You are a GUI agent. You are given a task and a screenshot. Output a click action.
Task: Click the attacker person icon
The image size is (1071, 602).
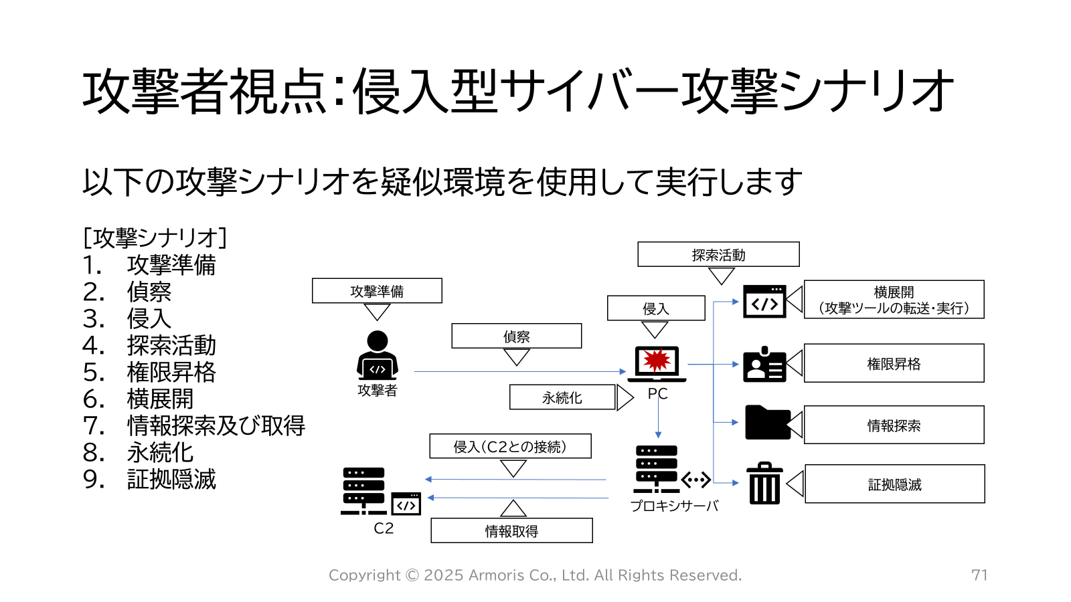378,355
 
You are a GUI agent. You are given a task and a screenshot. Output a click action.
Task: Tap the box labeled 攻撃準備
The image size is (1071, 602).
377,291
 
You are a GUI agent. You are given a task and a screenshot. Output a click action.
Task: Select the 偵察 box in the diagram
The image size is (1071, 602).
516,336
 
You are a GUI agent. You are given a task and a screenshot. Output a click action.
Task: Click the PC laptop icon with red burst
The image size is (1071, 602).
657,363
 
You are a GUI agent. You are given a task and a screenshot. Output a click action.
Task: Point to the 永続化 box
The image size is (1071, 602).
562,397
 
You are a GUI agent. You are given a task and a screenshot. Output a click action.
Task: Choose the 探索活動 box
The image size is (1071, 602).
718,255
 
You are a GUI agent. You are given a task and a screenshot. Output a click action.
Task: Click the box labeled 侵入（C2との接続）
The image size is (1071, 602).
510,446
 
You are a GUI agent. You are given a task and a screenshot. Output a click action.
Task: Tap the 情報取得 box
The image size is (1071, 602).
511,531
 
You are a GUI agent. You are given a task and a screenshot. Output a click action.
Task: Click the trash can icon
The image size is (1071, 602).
764,483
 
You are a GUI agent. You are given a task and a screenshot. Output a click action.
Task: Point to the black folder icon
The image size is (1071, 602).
767,423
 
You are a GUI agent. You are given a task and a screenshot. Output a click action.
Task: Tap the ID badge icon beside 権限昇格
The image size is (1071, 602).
764,365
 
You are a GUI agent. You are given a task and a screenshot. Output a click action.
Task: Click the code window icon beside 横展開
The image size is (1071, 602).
764,302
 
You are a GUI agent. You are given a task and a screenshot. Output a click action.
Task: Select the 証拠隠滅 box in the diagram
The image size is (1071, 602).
894,484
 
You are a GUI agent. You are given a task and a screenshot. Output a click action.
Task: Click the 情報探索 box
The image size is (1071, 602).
894,425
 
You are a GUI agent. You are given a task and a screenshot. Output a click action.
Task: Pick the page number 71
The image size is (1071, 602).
979,575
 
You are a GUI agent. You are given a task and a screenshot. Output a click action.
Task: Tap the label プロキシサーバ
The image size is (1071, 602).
674,506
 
